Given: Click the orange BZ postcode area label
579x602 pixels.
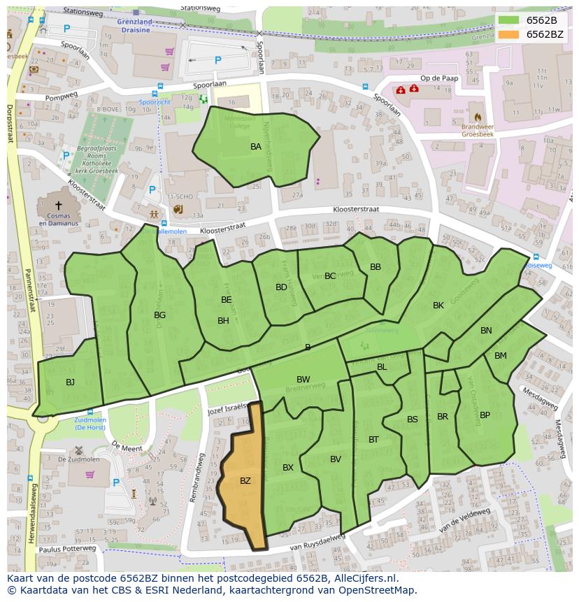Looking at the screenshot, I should click(245, 481).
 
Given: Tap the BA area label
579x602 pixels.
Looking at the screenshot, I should click(256, 147).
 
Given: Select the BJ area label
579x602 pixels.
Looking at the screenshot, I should click(70, 382).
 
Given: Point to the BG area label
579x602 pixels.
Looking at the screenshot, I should click(160, 315).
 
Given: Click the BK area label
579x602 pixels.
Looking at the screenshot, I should click(438, 306).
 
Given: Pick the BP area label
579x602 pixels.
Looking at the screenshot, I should click(485, 415).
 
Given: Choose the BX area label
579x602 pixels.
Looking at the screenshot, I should click(288, 468).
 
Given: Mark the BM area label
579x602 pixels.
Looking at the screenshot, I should click(501, 356).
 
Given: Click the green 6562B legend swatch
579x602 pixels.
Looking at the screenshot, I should click(509, 20).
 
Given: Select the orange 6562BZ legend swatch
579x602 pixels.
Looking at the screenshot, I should click(509, 34).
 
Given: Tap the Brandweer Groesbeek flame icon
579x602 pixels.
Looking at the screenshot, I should click(478, 117).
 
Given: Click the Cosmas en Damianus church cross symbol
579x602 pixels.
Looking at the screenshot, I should click(58, 206).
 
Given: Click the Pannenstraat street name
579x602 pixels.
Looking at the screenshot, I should click(29, 301).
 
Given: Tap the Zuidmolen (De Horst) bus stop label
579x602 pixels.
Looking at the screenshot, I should click(90, 423).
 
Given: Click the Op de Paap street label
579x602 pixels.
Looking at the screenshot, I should click(439, 78).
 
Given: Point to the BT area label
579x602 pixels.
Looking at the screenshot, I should click(373, 440).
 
